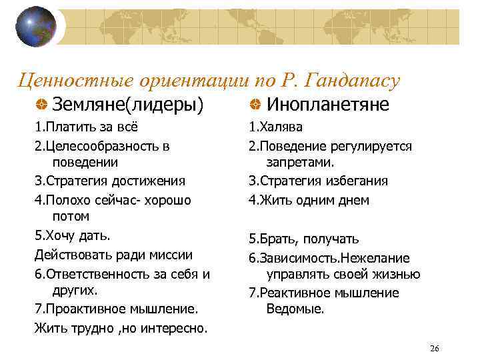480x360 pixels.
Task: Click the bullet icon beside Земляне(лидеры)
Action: (x=41, y=104)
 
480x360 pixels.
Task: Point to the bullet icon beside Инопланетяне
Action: (x=255, y=104)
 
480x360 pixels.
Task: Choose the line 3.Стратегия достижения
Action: (x=110, y=181)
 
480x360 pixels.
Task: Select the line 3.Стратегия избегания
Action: (x=318, y=181)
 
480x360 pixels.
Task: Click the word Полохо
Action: (x=66, y=200)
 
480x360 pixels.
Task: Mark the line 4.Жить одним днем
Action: (x=309, y=200)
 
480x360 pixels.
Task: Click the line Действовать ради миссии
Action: (x=113, y=254)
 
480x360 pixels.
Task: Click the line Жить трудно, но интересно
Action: (x=121, y=327)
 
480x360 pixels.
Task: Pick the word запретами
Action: (x=300, y=162)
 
